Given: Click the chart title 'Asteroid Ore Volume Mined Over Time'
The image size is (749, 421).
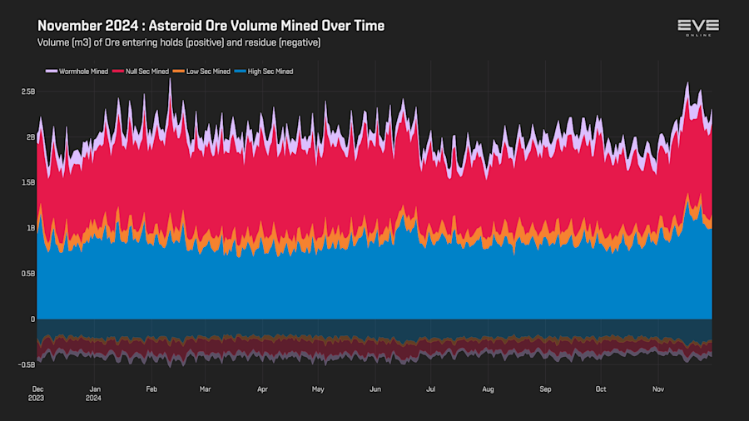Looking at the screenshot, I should click(211, 26).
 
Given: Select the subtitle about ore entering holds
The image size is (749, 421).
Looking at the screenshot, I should click(179, 42).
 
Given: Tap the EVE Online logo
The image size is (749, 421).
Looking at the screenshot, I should click(697, 27).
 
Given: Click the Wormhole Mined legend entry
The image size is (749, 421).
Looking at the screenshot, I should click(79, 72).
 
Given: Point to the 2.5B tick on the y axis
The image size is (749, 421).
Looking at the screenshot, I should click(28, 92).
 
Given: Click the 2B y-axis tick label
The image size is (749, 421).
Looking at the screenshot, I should click(31, 137).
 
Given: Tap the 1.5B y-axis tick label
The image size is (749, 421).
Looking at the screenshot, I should click(28, 182).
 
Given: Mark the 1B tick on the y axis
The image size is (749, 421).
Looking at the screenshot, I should click(31, 228).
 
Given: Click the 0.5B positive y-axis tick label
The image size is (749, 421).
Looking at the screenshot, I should click(28, 273).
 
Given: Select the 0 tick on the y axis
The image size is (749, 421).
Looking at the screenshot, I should click(33, 319).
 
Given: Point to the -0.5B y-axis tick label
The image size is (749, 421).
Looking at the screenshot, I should click(27, 364).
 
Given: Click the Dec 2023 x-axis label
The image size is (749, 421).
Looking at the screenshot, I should click(38, 393).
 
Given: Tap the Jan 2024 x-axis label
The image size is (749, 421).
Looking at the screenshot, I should click(95, 393).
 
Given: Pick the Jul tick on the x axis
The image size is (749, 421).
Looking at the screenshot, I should click(430, 389).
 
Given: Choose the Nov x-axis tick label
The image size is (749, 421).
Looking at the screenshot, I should click(657, 389).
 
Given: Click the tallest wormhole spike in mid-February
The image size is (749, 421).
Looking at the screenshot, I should click(170, 79).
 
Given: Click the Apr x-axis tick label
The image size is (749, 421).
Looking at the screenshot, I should click(262, 389).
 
